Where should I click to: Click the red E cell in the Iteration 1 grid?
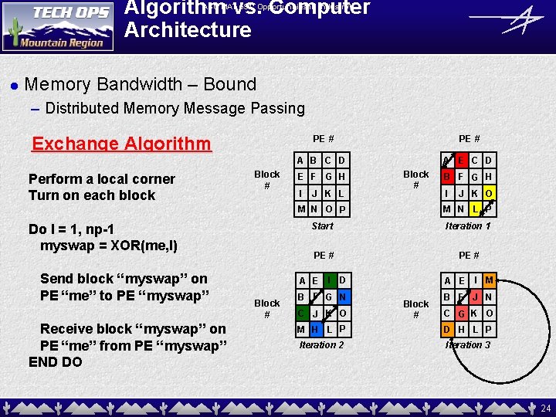[460, 161]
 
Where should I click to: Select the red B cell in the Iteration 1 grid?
[447, 177]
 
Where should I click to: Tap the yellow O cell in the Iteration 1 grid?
[489, 193]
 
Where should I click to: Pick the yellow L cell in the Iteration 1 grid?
[474, 209]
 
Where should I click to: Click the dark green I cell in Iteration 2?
[329, 280]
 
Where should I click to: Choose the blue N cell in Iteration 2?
[343, 296]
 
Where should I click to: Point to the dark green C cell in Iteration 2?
[300, 313]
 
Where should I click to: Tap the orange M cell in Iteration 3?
[489, 280]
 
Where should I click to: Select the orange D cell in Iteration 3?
[447, 330]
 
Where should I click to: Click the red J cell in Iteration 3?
[475, 296]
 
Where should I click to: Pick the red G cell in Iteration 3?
[461, 313]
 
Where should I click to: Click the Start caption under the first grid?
[322, 226]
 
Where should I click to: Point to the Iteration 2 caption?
[321, 345]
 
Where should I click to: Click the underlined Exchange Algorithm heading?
[121, 144]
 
